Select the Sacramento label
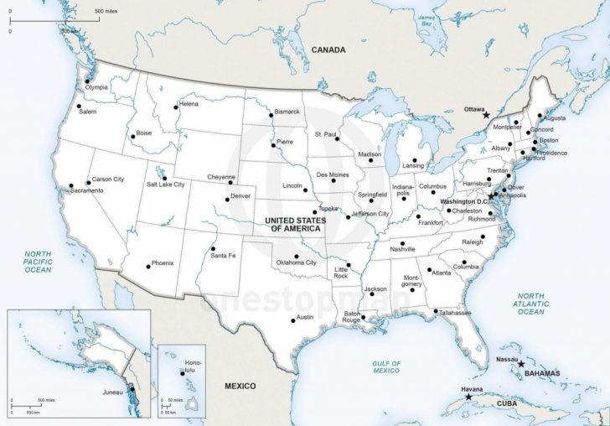(86, 191)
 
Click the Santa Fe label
(223, 255)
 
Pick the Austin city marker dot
(293, 319)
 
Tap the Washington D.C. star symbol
(492, 195)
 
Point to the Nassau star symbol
(521, 365)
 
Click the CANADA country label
(328, 49)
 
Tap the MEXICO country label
(240, 385)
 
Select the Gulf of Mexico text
(386, 366)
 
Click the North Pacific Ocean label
(38, 262)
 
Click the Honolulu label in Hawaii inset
(183, 366)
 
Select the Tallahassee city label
(455, 313)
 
